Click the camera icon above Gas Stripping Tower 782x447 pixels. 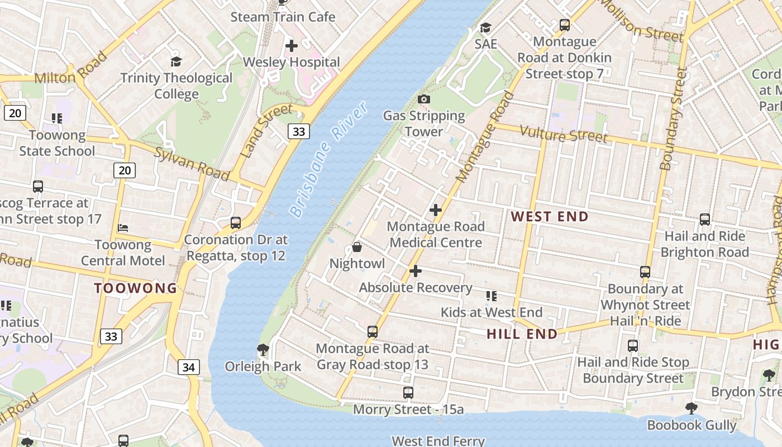point(424,99)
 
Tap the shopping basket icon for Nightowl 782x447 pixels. point(357,247)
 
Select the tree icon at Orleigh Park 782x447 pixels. point(263,350)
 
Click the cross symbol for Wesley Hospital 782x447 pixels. point(291,46)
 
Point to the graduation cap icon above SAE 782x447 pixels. point(485,28)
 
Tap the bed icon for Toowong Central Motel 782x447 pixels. point(123,228)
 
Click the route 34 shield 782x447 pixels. point(189,367)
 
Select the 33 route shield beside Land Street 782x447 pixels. point(299,131)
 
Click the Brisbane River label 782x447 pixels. point(329,159)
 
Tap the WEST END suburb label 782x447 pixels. point(550,217)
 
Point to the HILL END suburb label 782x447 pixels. point(522,334)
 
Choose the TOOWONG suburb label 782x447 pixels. point(135,288)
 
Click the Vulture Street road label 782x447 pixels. point(563,134)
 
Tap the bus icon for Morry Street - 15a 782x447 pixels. point(408,393)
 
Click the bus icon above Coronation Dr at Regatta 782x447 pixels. point(236,223)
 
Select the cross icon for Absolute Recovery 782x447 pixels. point(415,271)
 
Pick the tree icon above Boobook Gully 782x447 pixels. point(692,408)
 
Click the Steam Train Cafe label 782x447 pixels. point(283,17)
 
